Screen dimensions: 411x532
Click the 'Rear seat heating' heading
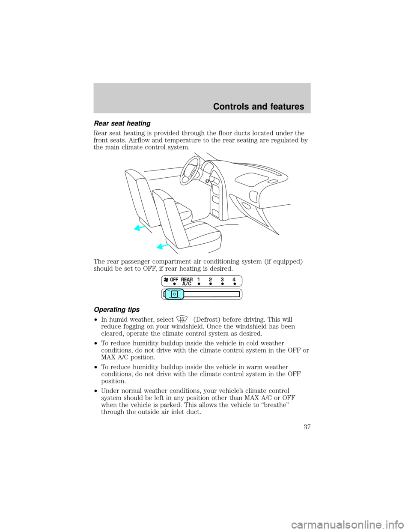(122, 124)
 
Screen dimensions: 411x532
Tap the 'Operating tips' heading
(116, 310)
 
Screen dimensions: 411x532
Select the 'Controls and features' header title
(259, 107)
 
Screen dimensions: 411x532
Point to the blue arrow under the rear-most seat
(140, 228)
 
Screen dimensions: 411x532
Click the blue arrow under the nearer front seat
(163, 246)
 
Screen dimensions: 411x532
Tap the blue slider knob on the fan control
(174, 294)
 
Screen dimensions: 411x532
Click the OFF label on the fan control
(174, 280)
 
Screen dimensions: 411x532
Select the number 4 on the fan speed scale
(234, 279)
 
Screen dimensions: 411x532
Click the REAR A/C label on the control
(187, 281)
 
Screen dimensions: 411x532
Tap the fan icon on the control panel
(166, 280)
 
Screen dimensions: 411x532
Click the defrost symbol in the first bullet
(183, 319)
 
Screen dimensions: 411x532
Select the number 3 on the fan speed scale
(222, 279)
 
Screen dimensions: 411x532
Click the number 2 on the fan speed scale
(210, 279)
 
